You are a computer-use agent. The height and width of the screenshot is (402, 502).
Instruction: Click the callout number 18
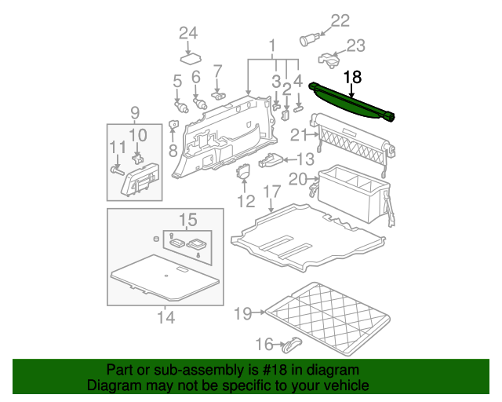click(353, 77)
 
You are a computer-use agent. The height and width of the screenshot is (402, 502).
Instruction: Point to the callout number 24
click(187, 33)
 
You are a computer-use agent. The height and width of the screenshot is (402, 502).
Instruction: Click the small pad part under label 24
click(191, 57)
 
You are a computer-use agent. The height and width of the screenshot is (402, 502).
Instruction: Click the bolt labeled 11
click(117, 168)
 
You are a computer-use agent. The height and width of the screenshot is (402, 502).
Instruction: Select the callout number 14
click(166, 317)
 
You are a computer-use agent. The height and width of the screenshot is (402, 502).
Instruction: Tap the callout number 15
click(187, 219)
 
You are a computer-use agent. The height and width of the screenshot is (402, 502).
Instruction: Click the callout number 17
click(271, 191)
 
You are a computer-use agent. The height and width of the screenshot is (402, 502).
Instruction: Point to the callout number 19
click(242, 314)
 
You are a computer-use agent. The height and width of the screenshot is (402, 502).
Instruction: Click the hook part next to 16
click(291, 343)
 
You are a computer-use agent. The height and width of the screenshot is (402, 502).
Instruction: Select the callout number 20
click(297, 179)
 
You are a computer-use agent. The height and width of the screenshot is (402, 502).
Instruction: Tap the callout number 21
click(298, 135)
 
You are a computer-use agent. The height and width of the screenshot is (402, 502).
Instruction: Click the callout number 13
click(304, 159)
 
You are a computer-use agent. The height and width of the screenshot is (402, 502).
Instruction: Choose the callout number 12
click(246, 202)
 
